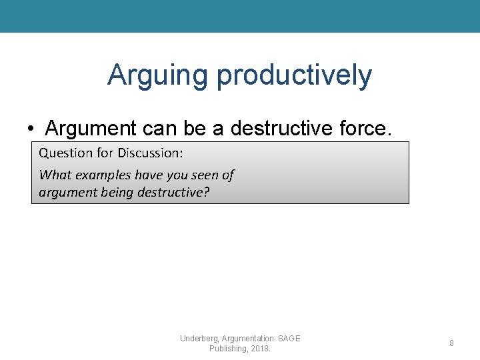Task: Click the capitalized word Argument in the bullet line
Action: [91, 127]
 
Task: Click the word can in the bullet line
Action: [159, 127]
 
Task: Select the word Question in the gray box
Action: [65, 153]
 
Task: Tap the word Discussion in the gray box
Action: [150, 153]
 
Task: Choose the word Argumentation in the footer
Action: [248, 339]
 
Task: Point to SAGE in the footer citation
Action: [289, 339]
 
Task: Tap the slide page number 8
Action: [451, 343]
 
